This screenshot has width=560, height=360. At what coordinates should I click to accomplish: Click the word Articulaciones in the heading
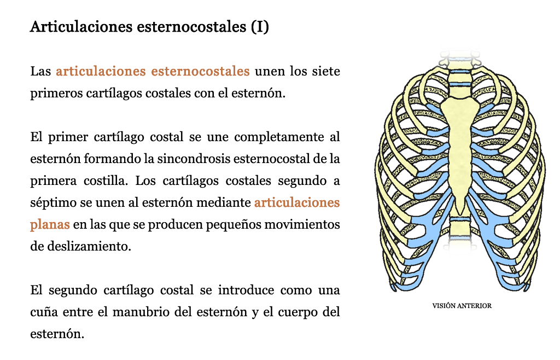(81, 26)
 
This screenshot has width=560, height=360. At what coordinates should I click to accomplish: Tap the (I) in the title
(260, 27)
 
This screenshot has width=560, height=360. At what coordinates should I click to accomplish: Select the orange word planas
(50, 225)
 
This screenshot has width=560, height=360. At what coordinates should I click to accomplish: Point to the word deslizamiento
(89, 246)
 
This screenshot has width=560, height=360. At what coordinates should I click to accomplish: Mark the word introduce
(246, 290)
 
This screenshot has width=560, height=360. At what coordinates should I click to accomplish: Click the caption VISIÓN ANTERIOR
(462, 306)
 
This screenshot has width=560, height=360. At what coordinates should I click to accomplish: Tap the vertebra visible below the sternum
(460, 229)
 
